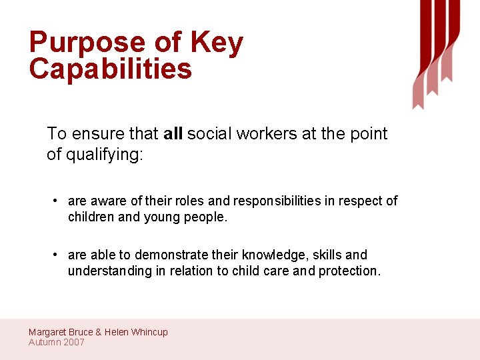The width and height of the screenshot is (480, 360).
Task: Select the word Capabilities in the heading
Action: (x=110, y=69)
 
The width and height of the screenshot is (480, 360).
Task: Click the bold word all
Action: (x=173, y=134)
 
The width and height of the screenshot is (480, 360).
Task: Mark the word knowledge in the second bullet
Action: (x=274, y=255)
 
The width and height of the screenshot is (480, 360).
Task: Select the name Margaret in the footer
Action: (x=48, y=332)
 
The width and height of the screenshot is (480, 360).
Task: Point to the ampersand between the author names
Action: (x=99, y=332)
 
